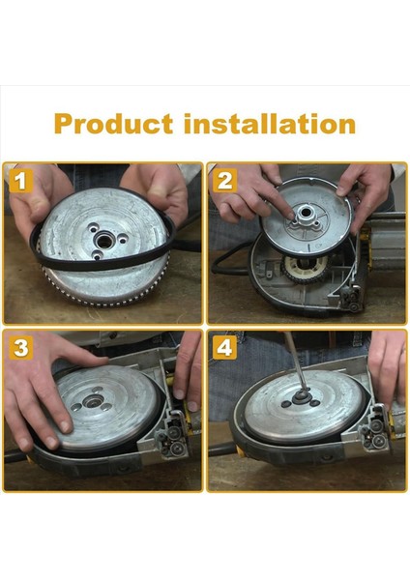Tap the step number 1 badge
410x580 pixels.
coord(21,179)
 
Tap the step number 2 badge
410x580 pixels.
coord(226,179)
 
